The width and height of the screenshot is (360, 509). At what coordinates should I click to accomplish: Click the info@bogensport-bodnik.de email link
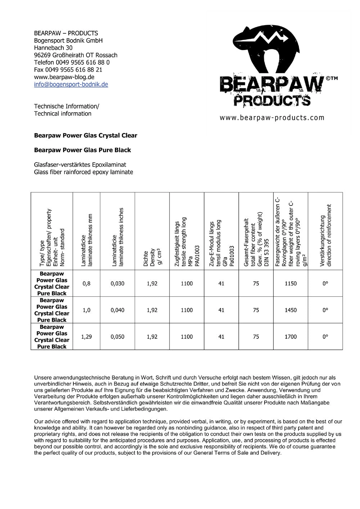tap(71, 85)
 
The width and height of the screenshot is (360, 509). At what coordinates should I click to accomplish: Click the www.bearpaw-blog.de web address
tap(64, 77)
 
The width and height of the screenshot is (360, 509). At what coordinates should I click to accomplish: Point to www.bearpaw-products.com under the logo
tap(272, 118)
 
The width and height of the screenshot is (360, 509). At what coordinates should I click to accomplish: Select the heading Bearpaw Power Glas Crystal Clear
tap(85, 136)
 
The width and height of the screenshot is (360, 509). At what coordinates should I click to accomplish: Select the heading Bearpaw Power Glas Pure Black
tap(82, 150)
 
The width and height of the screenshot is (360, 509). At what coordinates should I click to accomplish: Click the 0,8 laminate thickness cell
tap(86, 283)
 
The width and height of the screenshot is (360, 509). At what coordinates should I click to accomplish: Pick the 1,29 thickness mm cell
tap(86, 337)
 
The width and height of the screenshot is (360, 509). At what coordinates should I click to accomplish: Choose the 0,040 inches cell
tap(117, 310)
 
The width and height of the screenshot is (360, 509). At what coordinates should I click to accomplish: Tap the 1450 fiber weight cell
tap(291, 310)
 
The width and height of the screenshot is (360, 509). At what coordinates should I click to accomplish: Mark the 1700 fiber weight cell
tap(291, 337)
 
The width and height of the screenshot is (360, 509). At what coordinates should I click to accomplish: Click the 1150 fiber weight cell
tap(291, 283)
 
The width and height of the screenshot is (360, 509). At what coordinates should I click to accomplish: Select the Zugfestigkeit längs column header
tap(186, 241)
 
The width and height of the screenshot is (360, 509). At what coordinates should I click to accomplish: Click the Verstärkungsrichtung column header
tap(325, 236)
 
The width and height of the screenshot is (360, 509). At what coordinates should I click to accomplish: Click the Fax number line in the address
tap(68, 70)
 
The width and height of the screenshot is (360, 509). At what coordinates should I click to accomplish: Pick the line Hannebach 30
tap(53, 48)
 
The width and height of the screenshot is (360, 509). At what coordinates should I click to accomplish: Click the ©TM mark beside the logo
tap(332, 78)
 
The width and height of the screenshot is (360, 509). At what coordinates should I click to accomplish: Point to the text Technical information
tap(63, 114)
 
